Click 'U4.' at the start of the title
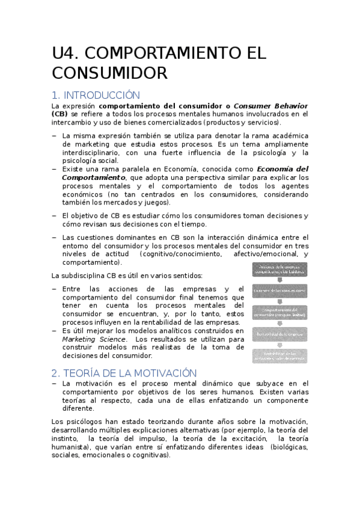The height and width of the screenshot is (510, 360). pos(65,54)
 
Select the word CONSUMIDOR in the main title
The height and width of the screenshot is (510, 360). pos(109,74)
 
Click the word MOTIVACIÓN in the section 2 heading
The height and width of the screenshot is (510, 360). pos(160,373)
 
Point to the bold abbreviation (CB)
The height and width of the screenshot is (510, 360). pos(60,114)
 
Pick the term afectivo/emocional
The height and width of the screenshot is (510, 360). pos(261,254)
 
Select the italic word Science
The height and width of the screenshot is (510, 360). pos(113,339)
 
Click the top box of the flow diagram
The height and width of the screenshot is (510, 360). pos(279,269)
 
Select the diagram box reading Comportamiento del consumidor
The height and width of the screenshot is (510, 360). pos(279,312)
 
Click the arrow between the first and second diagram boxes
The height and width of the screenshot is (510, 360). pos(279,280)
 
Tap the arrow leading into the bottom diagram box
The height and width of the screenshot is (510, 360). pos(279,344)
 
